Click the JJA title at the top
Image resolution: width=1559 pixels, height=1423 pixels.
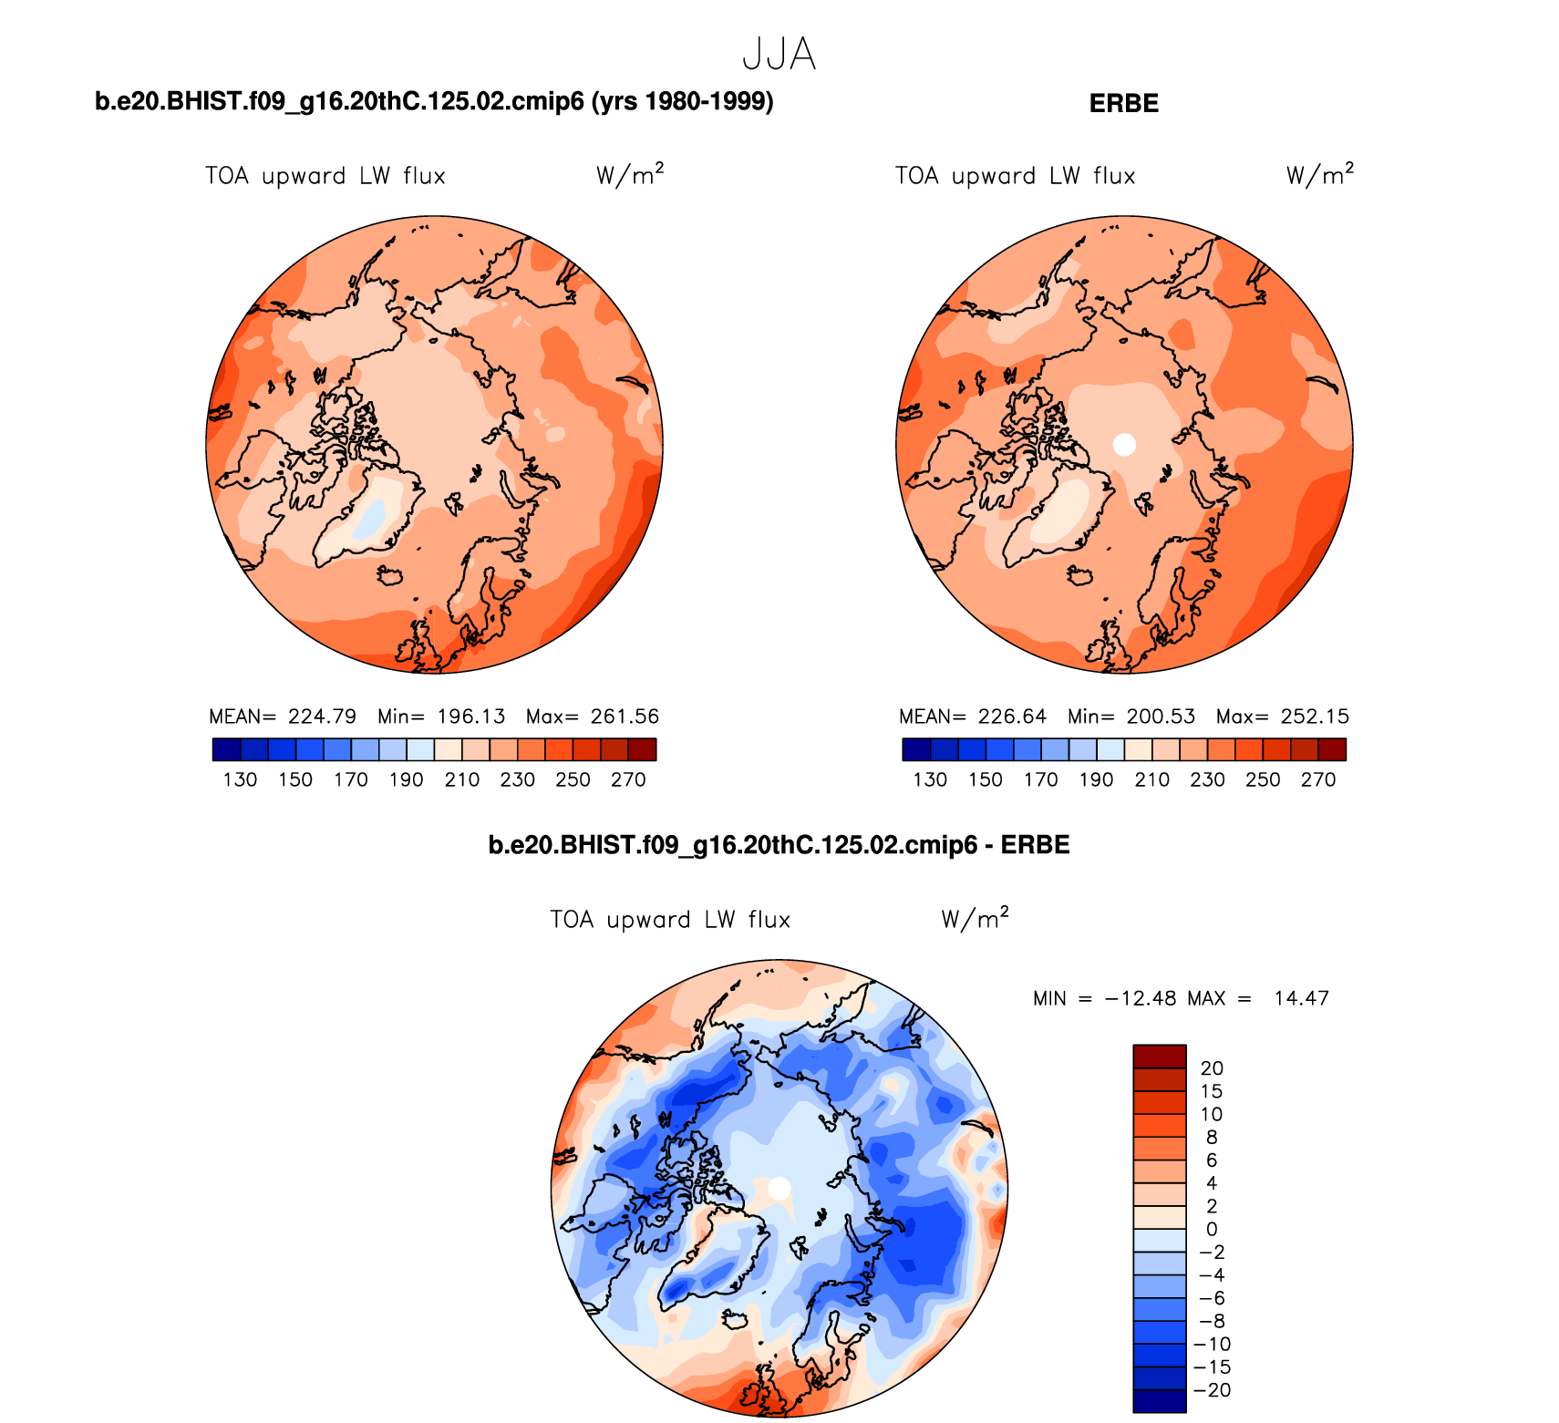[779, 55]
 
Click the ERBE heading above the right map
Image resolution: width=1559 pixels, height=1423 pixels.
[1123, 103]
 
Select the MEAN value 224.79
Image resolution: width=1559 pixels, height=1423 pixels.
[322, 717]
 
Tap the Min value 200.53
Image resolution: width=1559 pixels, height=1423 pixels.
[1160, 717]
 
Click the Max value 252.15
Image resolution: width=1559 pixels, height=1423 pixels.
[1314, 717]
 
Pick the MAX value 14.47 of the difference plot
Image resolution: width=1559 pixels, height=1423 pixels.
[1301, 998]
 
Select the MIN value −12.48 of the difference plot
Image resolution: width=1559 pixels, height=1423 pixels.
[1140, 998]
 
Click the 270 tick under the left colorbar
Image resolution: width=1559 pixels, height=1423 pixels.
[628, 779]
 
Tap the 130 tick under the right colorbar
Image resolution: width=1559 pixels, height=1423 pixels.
[930, 779]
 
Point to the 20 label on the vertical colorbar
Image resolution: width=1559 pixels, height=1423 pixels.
[1211, 1068]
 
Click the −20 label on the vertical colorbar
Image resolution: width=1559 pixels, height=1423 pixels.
[1213, 1390]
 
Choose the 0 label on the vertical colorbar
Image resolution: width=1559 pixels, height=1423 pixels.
[1211, 1229]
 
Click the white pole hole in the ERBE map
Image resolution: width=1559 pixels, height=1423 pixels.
[1125, 445]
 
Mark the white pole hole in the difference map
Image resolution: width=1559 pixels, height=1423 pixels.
[779, 1189]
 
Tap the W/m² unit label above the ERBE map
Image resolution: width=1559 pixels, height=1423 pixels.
[1319, 174]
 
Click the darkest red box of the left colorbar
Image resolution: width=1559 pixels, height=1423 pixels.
[642, 749]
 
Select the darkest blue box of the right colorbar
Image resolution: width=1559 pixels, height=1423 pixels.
[916, 749]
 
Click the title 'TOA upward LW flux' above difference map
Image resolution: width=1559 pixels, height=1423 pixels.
[670, 920]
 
